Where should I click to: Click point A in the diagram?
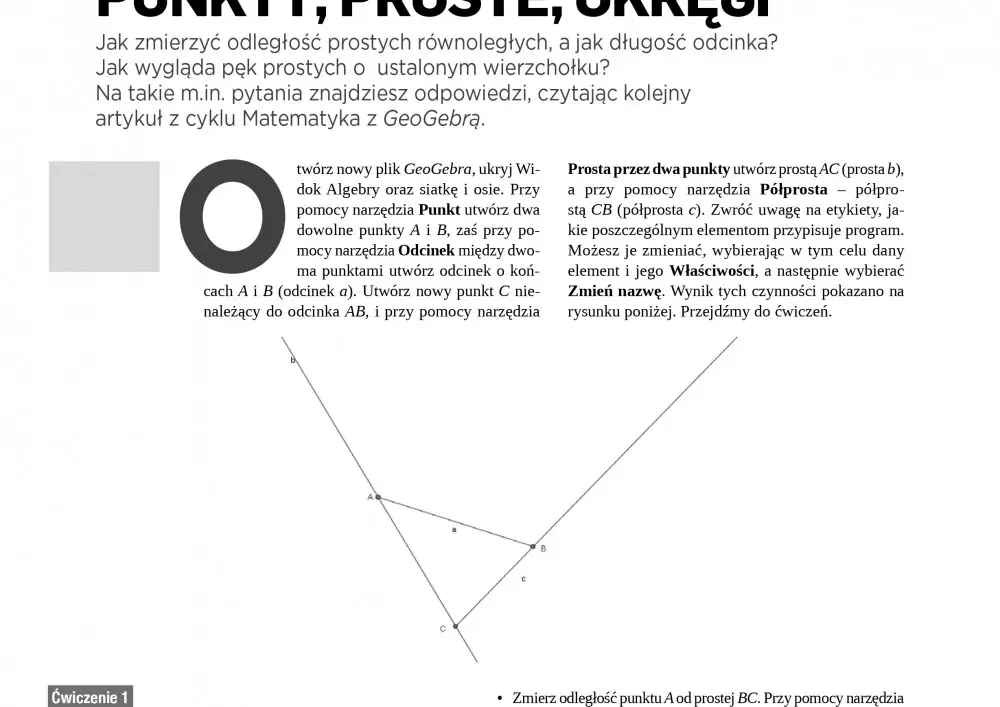378,496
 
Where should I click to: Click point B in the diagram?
533,546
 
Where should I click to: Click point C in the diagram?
455,626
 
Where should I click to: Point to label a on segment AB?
454,529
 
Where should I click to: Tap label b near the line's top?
292,360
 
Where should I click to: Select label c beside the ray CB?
523,579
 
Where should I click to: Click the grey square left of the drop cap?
104,216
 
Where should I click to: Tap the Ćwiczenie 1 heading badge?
90,697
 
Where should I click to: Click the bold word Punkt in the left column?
439,210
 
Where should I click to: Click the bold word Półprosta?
794,189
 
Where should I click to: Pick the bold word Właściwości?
712,271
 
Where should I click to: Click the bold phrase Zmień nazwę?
615,291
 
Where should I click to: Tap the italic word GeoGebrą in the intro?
433,119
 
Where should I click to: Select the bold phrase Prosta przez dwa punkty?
649,169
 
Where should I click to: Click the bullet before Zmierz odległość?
500,699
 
